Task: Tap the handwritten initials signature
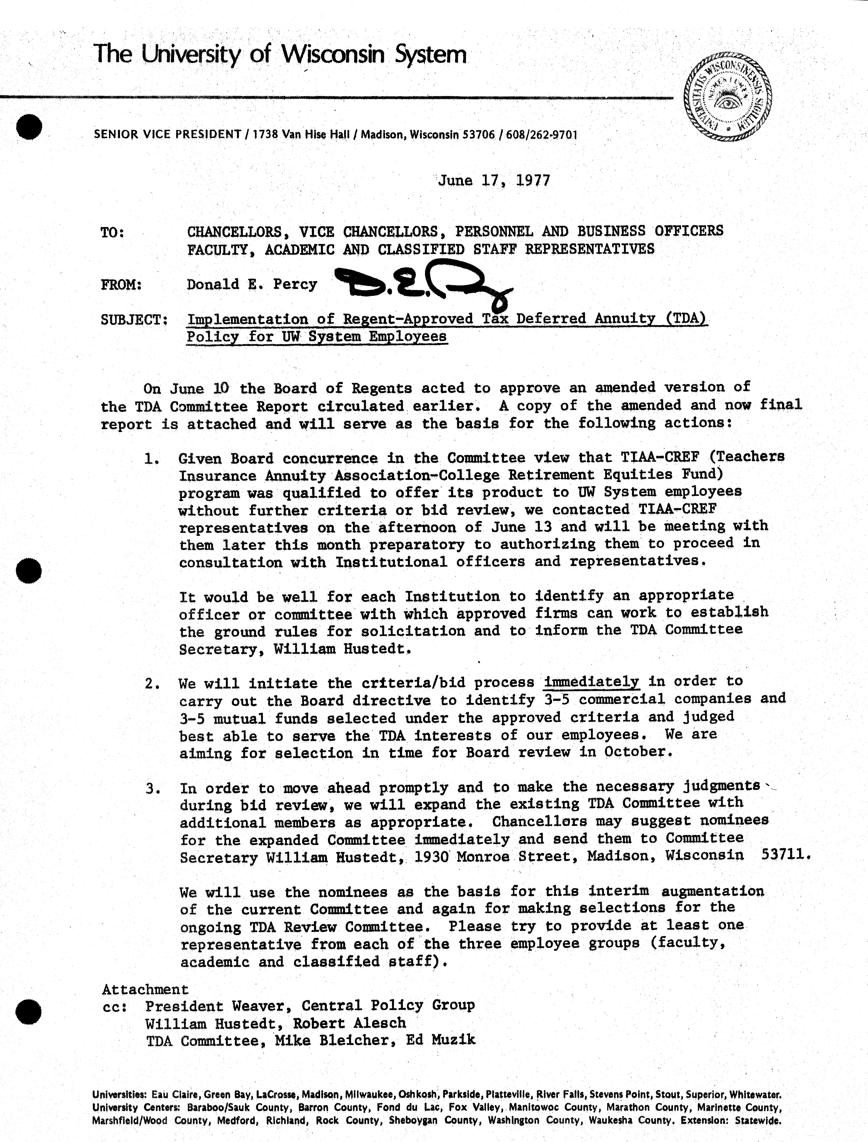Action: (x=421, y=286)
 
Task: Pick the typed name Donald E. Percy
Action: (x=252, y=284)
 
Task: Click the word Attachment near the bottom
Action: (x=145, y=989)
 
